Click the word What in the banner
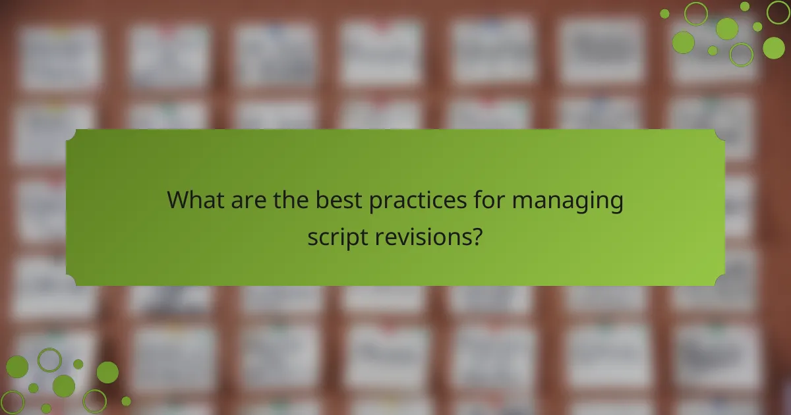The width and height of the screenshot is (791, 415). coord(196,200)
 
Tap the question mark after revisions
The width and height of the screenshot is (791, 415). coord(477,235)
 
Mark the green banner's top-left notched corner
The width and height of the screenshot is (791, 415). coord(71,134)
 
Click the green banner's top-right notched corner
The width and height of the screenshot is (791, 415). coord(720,134)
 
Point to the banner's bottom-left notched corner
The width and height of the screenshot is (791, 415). coord(71,281)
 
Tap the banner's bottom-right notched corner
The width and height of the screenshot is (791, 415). coord(720,281)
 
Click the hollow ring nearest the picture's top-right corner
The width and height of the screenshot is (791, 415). coord(778,12)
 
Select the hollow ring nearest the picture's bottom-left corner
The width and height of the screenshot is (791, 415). coord(13,402)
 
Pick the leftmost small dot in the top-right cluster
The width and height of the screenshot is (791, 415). coord(664,13)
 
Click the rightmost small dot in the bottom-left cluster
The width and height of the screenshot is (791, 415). coord(126,401)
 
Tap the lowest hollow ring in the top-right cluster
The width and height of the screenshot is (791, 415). coord(741,55)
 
